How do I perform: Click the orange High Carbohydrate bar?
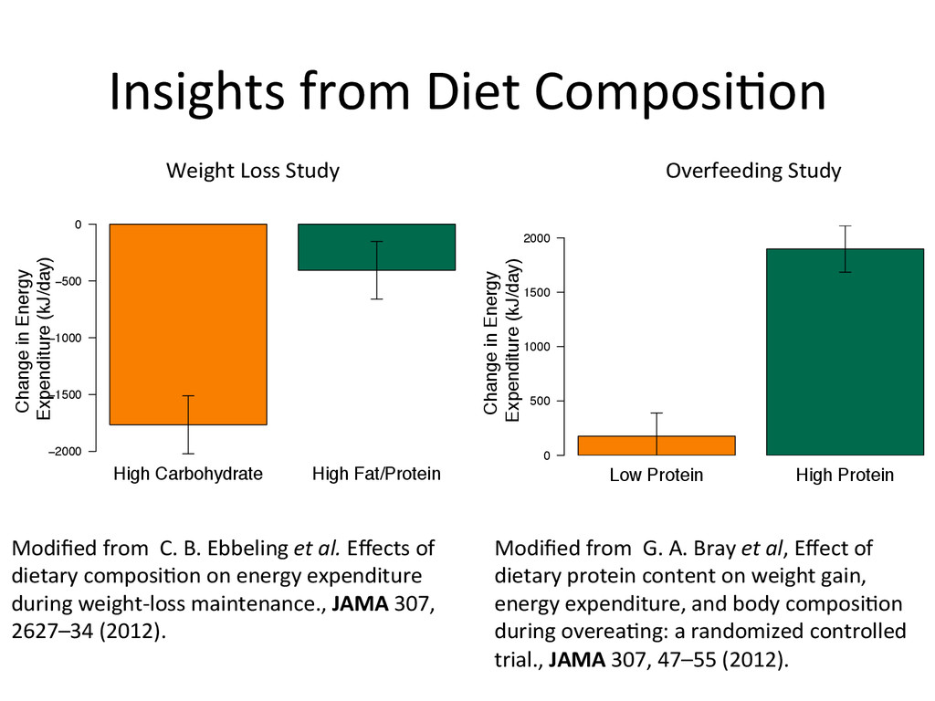pos(188,324)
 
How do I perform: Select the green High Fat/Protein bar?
pos(377,247)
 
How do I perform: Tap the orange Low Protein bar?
pos(657,445)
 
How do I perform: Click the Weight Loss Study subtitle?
pos(252,171)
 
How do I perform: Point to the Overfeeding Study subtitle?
pos(753,171)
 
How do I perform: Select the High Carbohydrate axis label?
pos(188,474)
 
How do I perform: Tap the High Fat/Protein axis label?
pos(376,474)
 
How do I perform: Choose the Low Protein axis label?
pos(657,476)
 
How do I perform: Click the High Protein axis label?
pos(845,476)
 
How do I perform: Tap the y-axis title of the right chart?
pos(503,342)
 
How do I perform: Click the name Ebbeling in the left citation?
pos(247,549)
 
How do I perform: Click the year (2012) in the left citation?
pos(132,632)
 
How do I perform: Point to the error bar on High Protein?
pos(845,248)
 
